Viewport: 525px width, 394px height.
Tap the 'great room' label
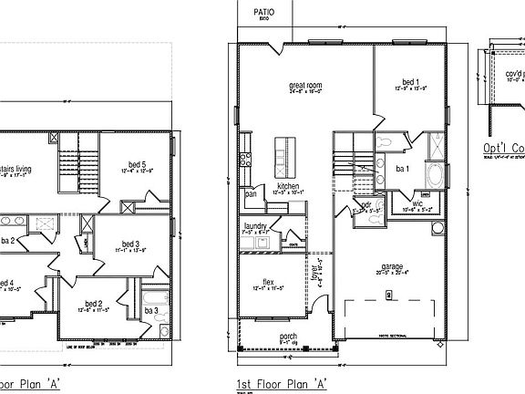tap(306, 85)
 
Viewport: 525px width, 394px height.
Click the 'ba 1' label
tap(402, 169)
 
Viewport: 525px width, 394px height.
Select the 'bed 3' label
tap(129, 244)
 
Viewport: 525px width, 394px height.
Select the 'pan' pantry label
tap(249, 193)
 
